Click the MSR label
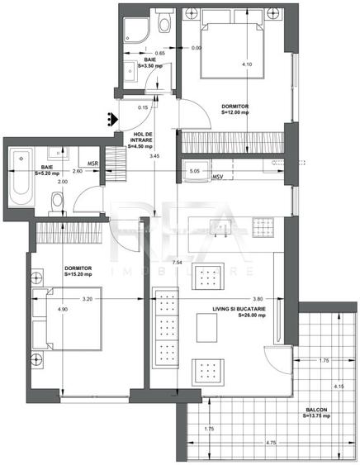pos(93,164)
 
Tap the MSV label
pos(218,177)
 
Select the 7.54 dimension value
pos(178,262)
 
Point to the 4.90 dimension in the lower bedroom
pos(39,310)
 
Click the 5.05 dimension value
pos(194,172)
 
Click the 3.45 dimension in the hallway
pos(153,156)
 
